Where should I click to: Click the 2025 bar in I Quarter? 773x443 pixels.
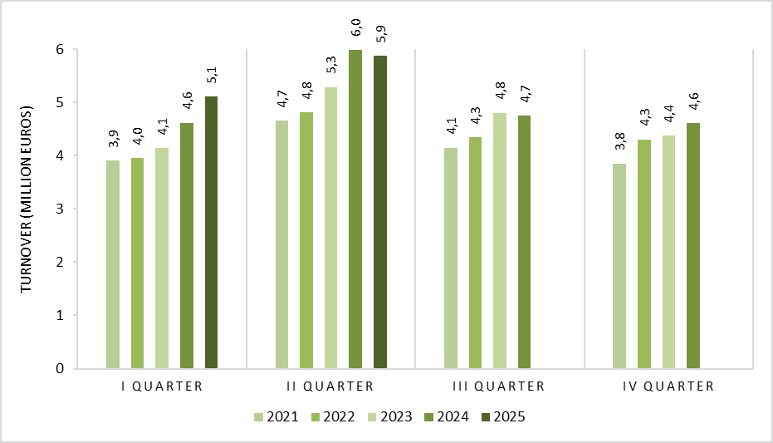211,233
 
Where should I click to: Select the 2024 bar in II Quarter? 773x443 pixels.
355,209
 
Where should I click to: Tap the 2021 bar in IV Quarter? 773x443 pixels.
619,266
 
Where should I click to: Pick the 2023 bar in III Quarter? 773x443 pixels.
499,241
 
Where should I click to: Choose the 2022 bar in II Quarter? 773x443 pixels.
306,240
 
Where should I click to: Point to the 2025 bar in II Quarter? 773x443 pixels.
380,212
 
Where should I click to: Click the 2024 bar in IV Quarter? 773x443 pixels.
693,246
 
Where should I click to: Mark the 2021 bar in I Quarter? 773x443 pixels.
113,264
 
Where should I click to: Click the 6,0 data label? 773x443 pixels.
355,27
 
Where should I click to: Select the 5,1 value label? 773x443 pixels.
212,75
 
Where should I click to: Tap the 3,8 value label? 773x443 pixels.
619,141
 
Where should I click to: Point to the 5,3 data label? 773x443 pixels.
330,65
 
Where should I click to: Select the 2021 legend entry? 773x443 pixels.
276,417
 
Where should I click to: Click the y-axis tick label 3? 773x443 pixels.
60,209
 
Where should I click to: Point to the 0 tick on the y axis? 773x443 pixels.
60,368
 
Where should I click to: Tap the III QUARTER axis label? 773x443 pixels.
498,386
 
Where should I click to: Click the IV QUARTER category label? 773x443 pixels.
668,386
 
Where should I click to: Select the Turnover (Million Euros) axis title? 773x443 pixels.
26,199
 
